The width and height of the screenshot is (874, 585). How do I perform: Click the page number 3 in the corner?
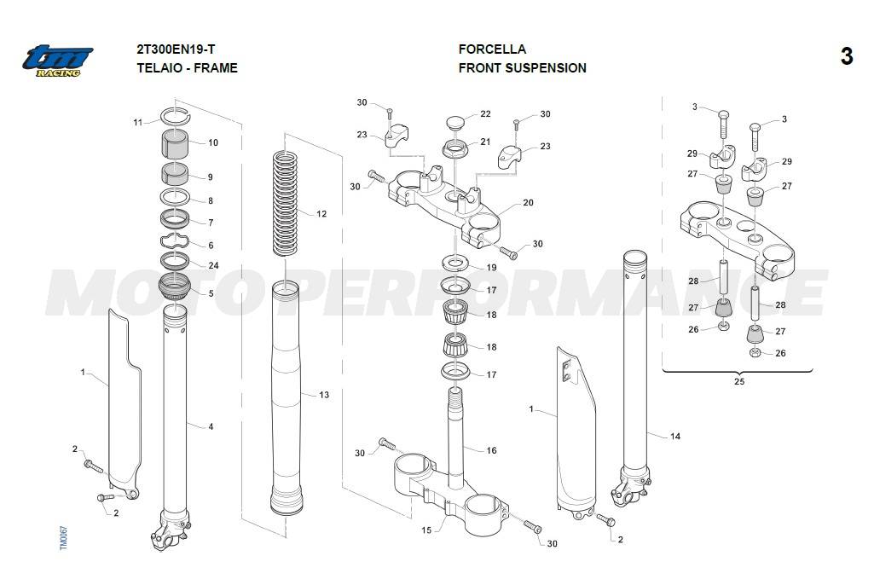[x=846, y=56]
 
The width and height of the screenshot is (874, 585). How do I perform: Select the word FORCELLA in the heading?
[x=492, y=49]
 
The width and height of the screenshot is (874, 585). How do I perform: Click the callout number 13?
[x=323, y=395]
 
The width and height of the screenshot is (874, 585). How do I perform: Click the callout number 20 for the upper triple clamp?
[x=528, y=203]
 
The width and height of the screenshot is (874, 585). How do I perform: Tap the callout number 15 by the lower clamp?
[x=426, y=530]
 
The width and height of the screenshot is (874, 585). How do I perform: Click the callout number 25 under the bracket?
[x=738, y=381]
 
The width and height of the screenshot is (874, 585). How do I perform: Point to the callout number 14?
[x=675, y=437]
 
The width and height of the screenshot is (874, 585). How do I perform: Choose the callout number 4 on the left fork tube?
[x=211, y=426]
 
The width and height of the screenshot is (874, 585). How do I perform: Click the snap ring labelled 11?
[x=177, y=117]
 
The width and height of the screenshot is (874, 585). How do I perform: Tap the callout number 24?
[x=213, y=265]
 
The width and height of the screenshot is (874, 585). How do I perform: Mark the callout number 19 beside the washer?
[x=491, y=268]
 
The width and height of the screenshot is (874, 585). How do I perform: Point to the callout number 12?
[x=321, y=214]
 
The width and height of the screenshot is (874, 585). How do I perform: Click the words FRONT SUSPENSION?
[x=522, y=68]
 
